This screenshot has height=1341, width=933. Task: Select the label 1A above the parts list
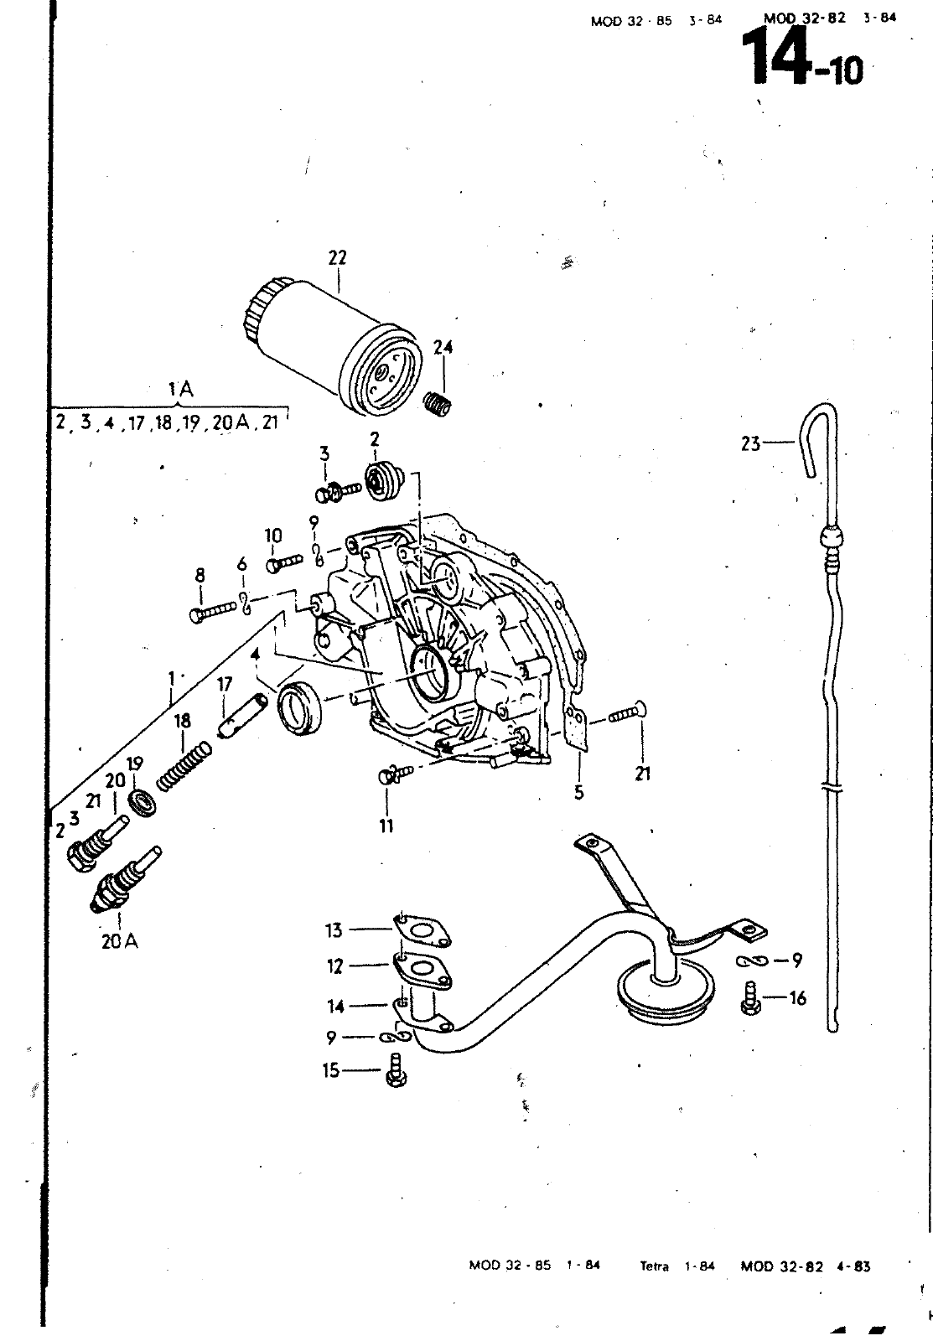pos(180,389)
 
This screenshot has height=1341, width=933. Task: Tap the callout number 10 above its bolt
pos(273,536)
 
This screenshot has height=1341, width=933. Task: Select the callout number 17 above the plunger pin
pos(225,685)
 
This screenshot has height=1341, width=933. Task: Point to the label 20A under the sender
pos(120,941)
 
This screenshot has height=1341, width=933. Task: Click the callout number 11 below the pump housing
pos(386,826)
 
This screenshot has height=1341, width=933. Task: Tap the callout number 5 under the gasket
pos(578,792)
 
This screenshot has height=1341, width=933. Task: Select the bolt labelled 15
pos(395,1074)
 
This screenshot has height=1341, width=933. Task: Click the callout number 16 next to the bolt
pos(796,997)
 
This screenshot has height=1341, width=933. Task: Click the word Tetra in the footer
pos(655,1266)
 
